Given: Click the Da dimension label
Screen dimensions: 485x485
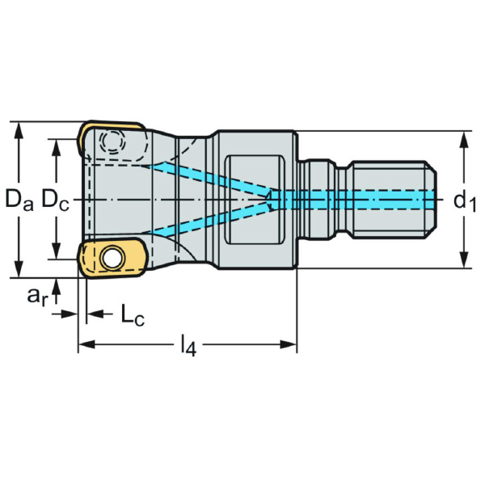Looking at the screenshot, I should pos(18,200).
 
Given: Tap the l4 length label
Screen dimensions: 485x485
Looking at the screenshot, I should pos(188,348).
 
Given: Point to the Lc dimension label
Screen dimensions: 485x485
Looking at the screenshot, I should pos(132,314).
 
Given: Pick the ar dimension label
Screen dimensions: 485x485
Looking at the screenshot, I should pos(37,297).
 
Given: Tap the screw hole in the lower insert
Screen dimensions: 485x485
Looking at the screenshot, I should pos(111,258).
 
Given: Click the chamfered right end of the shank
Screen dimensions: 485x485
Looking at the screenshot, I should pos(432,199).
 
